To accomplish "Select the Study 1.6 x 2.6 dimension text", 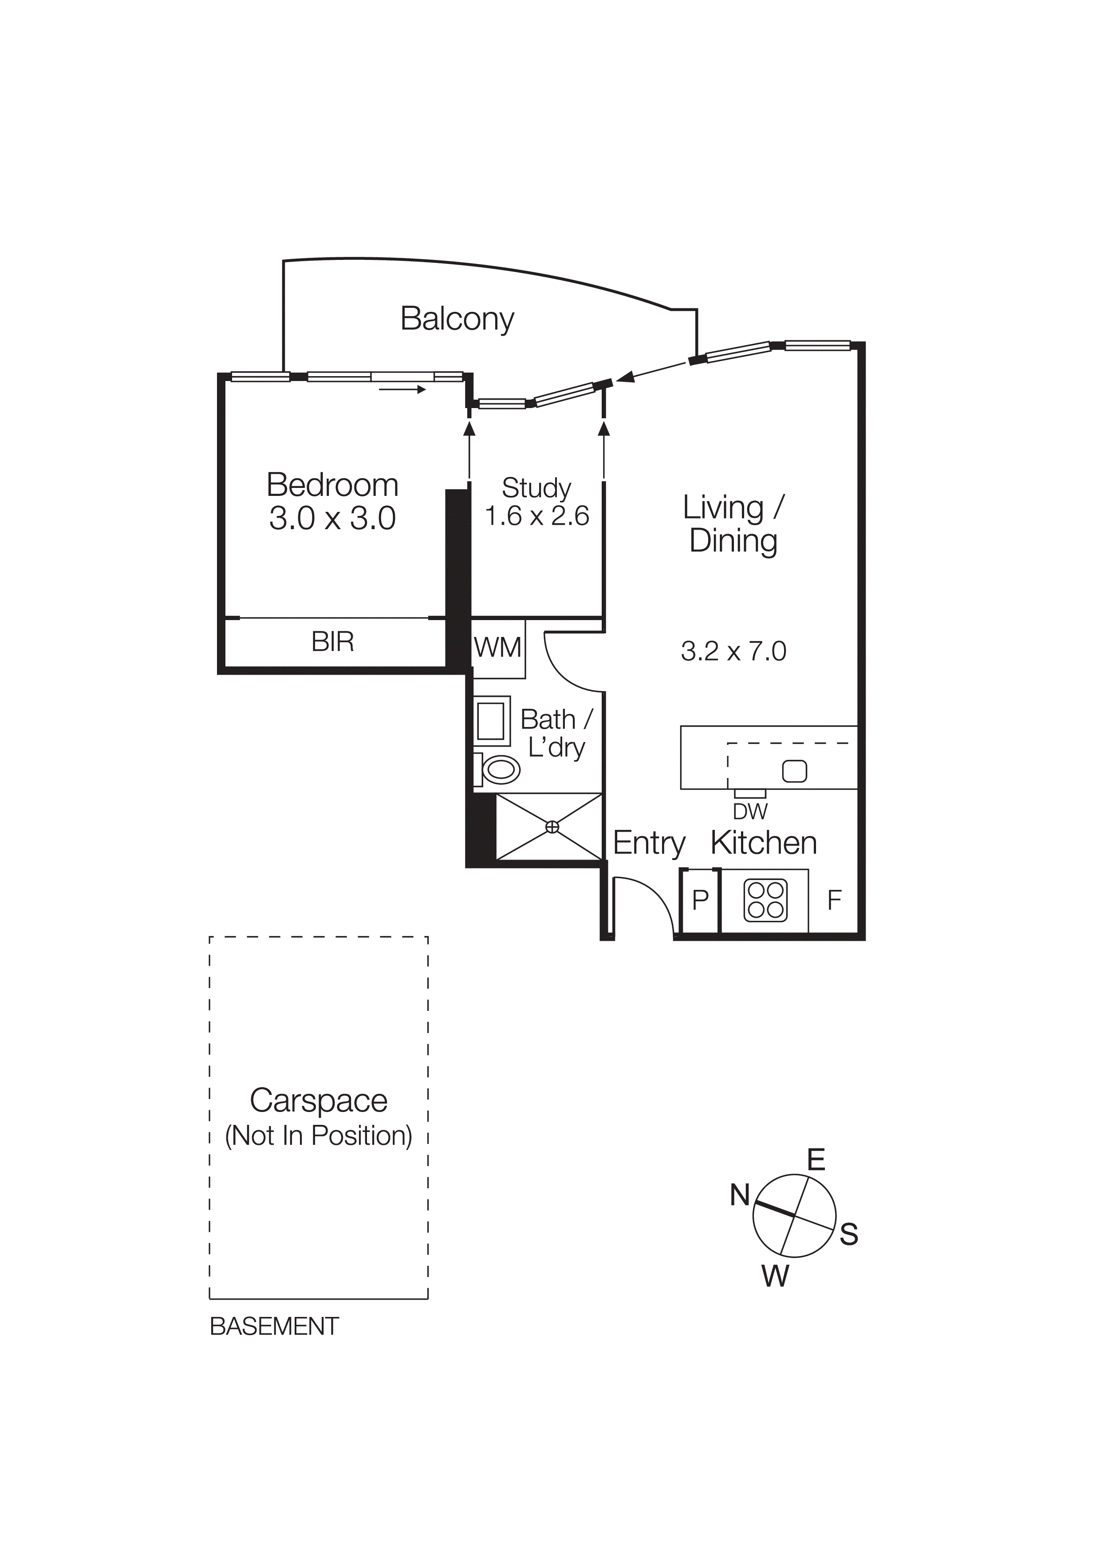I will (537, 516).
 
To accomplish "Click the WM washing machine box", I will (498, 648).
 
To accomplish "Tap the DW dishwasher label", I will (749, 811).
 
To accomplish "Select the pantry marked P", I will (700, 900).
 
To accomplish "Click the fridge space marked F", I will (834, 900).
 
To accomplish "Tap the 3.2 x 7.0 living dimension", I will (733, 651).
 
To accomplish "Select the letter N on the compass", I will (739, 1195).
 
